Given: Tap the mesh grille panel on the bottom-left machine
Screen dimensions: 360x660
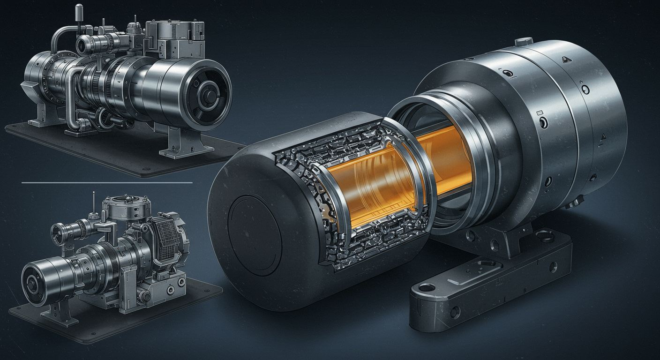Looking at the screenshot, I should tap(165, 240).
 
